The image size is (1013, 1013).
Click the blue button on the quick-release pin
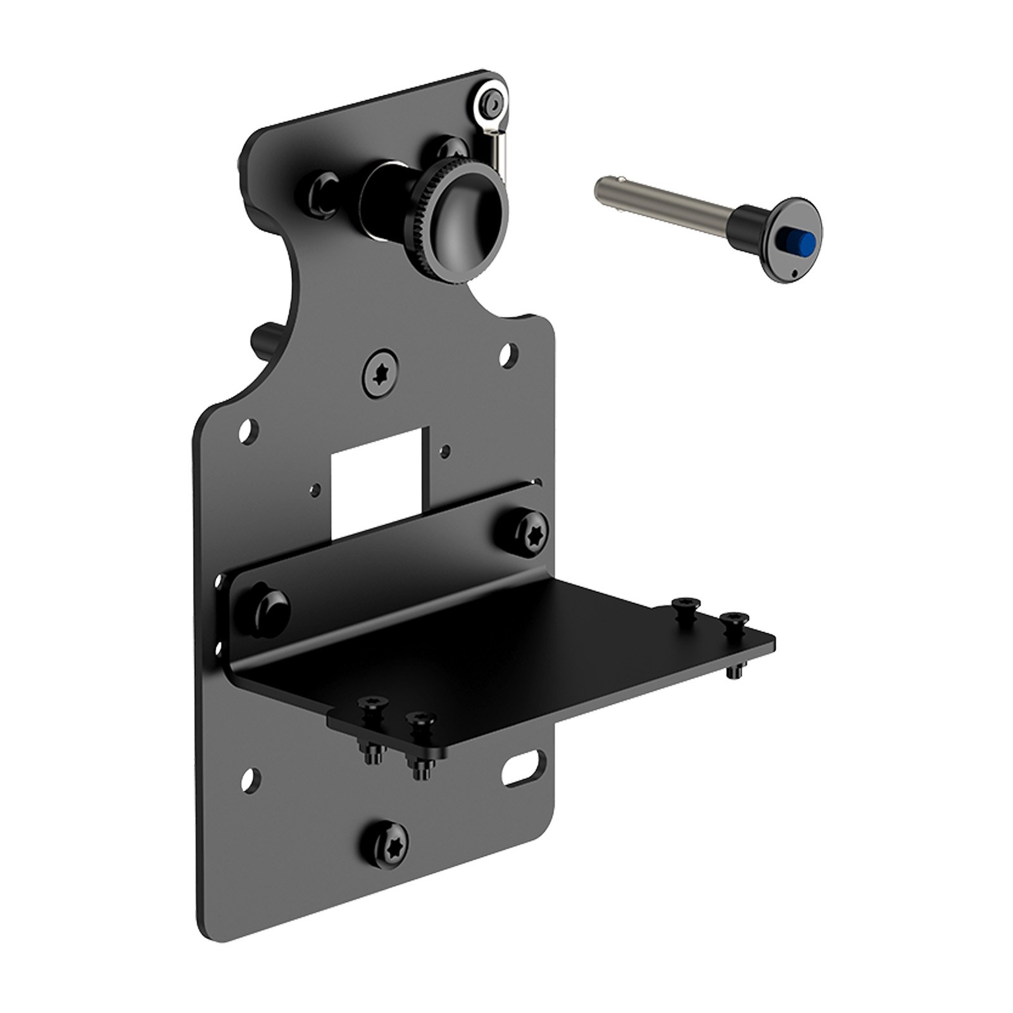[800, 242]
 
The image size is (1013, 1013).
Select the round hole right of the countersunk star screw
[507, 355]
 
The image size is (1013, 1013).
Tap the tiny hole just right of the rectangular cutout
[446, 451]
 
